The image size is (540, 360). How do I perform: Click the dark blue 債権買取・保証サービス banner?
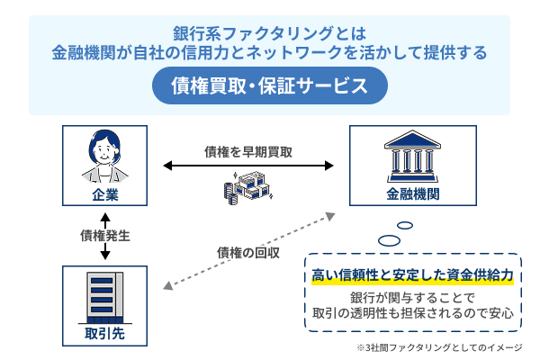pos(269,87)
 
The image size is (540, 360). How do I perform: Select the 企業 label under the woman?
pos(104,194)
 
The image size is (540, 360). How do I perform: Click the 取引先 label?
pos(104,338)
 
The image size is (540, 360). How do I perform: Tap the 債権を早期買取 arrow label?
pos(248,151)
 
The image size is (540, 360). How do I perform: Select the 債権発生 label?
pos(105,236)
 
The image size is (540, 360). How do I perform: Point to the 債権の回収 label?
pos(249,251)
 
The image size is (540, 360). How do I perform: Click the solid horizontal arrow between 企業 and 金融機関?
pos(248,166)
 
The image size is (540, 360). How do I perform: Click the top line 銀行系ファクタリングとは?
pos(269,33)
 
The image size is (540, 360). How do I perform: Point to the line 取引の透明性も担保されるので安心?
pos(412,314)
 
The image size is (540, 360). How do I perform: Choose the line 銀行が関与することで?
pos(412,299)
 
